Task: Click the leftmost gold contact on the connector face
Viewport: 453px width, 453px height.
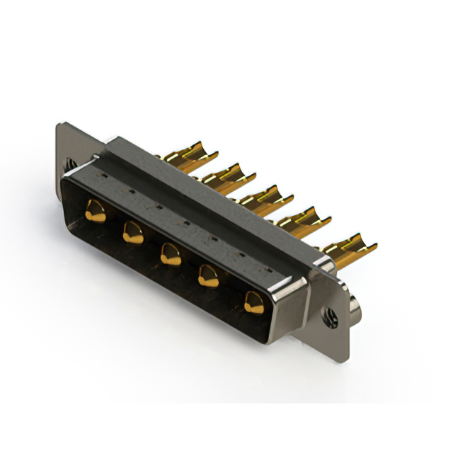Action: pos(96,210)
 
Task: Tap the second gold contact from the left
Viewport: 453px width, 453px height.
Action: pos(132,231)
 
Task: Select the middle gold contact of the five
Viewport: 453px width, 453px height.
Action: pos(170,253)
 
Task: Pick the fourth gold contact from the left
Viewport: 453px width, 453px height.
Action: pos(208,275)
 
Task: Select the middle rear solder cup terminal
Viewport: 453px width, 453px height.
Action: pos(262,196)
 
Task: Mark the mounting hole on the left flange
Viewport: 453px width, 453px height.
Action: pos(71,164)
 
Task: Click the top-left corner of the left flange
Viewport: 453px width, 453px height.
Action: pos(60,127)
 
